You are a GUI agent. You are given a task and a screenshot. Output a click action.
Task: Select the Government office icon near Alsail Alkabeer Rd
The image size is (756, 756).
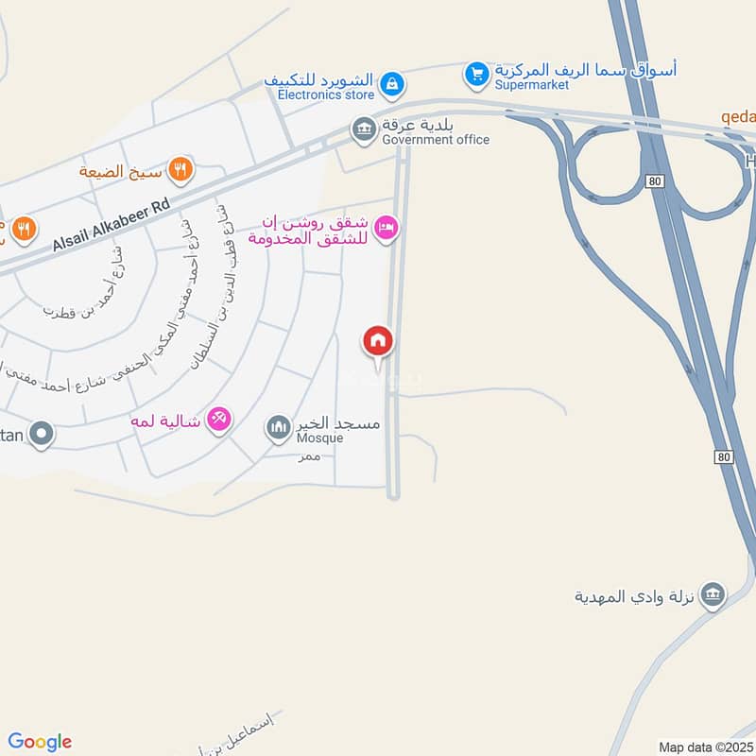363,129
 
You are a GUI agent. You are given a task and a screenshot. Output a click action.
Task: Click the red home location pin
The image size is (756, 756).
377,341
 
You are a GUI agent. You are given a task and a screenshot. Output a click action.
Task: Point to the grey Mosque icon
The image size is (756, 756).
278,429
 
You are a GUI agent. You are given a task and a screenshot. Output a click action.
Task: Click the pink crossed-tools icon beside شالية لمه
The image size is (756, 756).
219,419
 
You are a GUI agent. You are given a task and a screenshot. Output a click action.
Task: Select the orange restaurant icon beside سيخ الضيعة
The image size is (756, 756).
180,170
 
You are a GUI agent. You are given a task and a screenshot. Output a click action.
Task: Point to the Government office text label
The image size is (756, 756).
436,140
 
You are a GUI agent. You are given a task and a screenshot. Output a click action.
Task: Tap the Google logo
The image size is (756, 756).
40,742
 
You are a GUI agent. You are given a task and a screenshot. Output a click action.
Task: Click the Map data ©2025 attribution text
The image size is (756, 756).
704,747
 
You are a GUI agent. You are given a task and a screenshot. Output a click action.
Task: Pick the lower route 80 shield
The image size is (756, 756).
724,457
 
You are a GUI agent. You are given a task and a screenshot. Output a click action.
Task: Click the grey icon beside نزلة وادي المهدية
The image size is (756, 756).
713,594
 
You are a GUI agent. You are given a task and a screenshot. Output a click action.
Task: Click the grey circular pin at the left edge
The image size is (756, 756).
41,435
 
